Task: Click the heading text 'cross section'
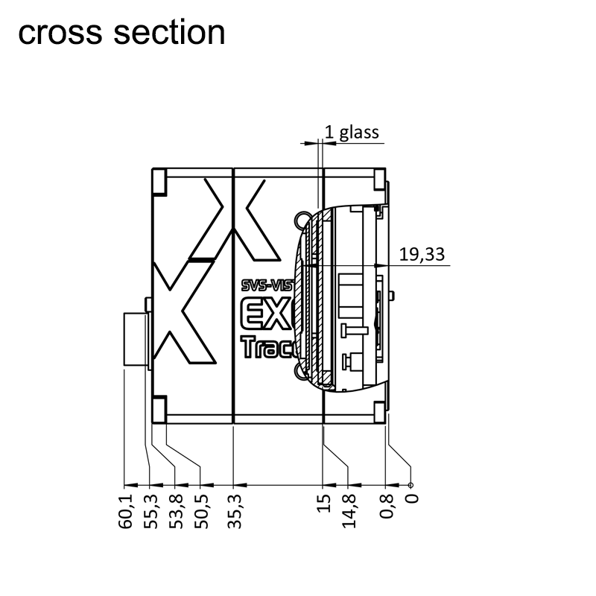[121, 33]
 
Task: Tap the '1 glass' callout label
[352, 133]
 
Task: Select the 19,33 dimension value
[422, 255]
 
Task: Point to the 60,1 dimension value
[124, 510]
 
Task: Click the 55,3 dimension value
[150, 510]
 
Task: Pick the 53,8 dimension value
[176, 510]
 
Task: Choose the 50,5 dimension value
[200, 510]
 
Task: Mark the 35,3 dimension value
[234, 510]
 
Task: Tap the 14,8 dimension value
[349, 510]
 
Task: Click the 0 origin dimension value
[410, 498]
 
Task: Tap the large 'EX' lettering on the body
[265, 314]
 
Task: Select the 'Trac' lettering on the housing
[265, 348]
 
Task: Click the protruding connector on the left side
[134, 340]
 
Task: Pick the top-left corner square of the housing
[159, 181]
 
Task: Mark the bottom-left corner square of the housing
[159, 409]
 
